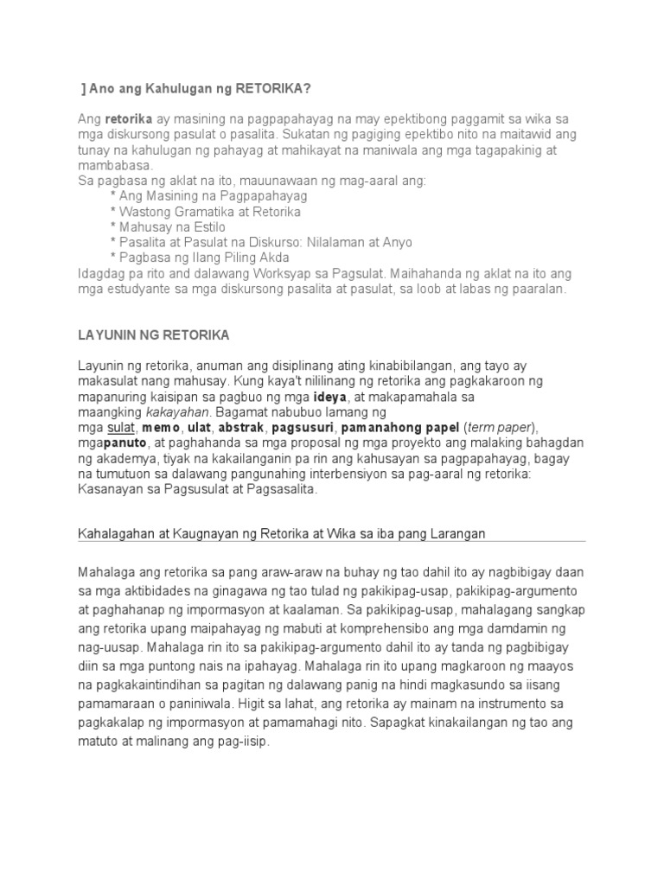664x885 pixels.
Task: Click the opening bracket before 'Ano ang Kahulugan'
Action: click(x=82, y=88)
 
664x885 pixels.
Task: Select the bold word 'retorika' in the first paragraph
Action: click(x=129, y=118)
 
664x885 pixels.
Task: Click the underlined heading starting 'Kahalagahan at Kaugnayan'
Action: click(x=282, y=534)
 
